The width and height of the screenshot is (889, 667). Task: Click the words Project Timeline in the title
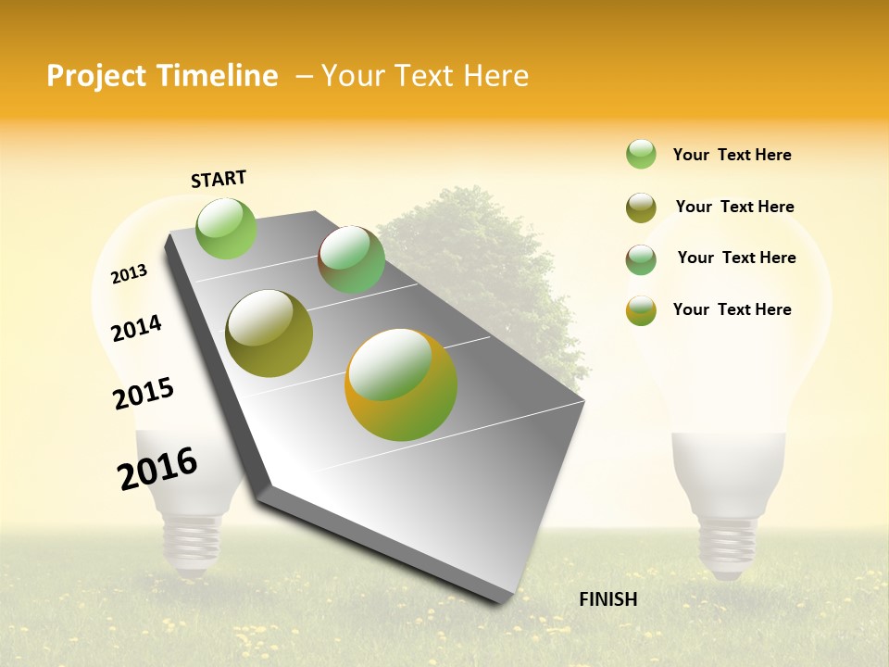pos(162,76)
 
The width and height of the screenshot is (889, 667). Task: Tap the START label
pos(219,179)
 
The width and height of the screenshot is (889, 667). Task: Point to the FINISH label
pos(608,599)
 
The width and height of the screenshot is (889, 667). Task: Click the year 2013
pos(129,273)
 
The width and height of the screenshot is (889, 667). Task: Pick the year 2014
pos(136,328)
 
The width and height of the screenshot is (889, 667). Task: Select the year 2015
pos(144,393)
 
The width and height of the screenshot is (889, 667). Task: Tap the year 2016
pos(157,468)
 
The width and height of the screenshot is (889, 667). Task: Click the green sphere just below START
pos(227,228)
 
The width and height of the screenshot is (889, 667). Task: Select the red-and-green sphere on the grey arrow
pos(351,259)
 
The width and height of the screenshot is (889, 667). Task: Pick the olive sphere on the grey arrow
pos(269,333)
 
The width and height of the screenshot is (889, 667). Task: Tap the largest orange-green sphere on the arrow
pos(401,384)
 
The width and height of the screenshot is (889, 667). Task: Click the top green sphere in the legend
pos(641,154)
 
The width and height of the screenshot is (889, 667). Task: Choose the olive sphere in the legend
pos(641,208)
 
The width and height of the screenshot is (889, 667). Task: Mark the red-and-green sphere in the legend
pos(641,259)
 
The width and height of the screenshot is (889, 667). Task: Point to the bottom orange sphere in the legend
pos(641,310)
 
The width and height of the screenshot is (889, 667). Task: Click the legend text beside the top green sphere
pos(732,155)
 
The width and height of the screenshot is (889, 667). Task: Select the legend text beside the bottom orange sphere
pos(732,309)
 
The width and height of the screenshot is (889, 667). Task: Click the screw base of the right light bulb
pos(727,547)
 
